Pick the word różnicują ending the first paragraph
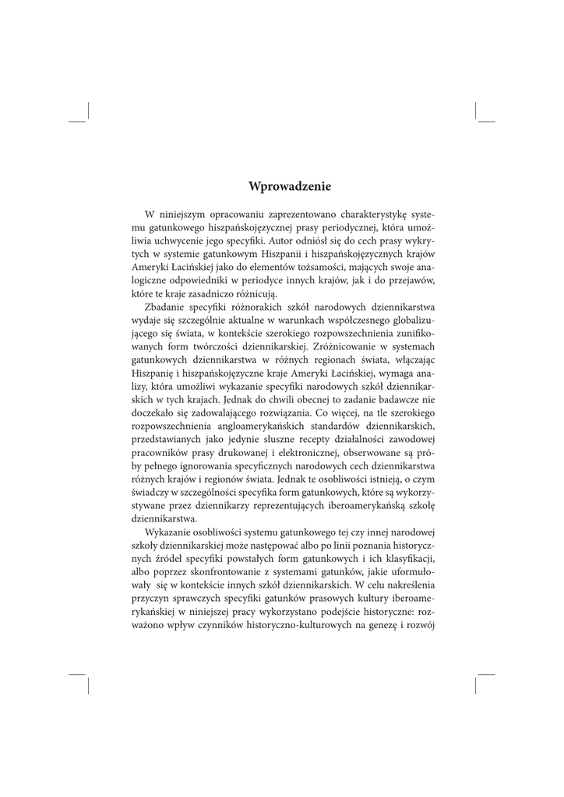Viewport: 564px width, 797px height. [x=267, y=293]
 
